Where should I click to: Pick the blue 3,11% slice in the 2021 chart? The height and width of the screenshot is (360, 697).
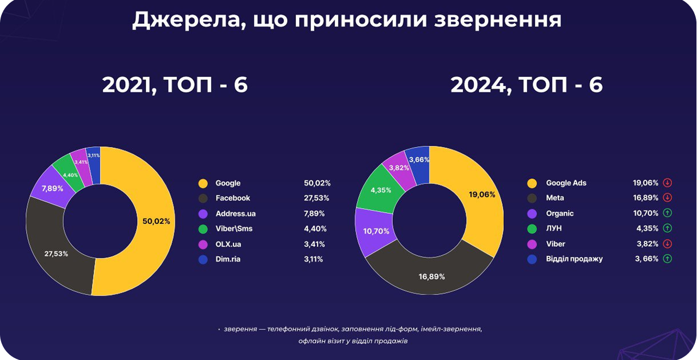[94, 166]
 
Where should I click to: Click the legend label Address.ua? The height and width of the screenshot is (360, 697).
[236, 214]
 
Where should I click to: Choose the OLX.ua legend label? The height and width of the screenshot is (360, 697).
[228, 244]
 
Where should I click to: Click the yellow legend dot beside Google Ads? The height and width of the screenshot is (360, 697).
[532, 183]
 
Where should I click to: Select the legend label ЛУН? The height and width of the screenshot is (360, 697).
[554, 228]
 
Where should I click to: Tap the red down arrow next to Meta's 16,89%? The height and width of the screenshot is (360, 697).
[667, 198]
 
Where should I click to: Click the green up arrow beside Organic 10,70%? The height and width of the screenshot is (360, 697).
[667, 213]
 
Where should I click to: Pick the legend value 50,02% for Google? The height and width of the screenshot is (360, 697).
[317, 183]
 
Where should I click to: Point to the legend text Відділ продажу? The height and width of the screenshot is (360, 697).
[574, 259]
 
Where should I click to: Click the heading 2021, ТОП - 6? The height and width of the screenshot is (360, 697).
[175, 84]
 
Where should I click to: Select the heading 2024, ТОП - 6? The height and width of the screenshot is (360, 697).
[527, 84]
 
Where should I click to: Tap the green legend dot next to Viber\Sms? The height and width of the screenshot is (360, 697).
[203, 229]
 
